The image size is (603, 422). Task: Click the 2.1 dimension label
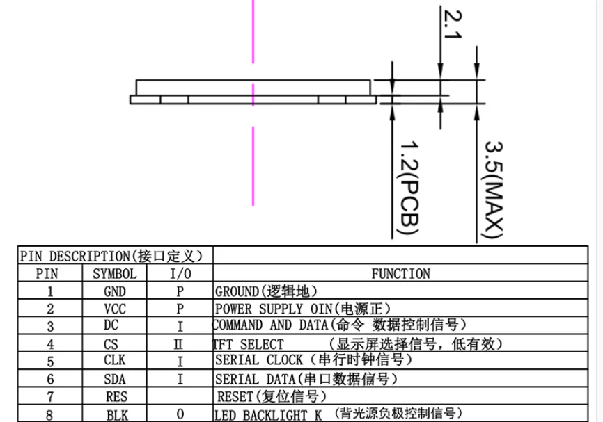coord(453,24)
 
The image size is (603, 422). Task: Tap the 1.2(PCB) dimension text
coord(409,188)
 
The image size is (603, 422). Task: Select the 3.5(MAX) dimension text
coord(494,190)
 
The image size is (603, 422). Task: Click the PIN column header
coord(47,274)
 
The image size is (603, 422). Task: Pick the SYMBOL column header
coord(115,274)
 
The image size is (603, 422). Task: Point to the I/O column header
coord(180,274)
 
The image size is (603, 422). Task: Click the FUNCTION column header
coord(400,274)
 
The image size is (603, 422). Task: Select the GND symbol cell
coord(115,292)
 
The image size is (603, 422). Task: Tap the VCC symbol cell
coord(115,309)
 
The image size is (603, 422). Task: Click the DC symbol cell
coord(111,325)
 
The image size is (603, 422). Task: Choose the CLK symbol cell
coord(115,360)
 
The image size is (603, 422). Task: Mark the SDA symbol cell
coord(115,380)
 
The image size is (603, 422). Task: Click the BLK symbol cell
coord(117,415)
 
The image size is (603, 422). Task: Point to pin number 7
coord(50,397)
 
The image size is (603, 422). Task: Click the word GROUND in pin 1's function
coord(237,292)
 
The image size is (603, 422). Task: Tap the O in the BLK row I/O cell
coord(180,414)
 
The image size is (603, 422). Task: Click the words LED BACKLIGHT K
coord(268,415)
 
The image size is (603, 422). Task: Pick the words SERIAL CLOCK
coord(259,360)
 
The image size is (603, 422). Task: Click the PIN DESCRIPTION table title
coord(111,256)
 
